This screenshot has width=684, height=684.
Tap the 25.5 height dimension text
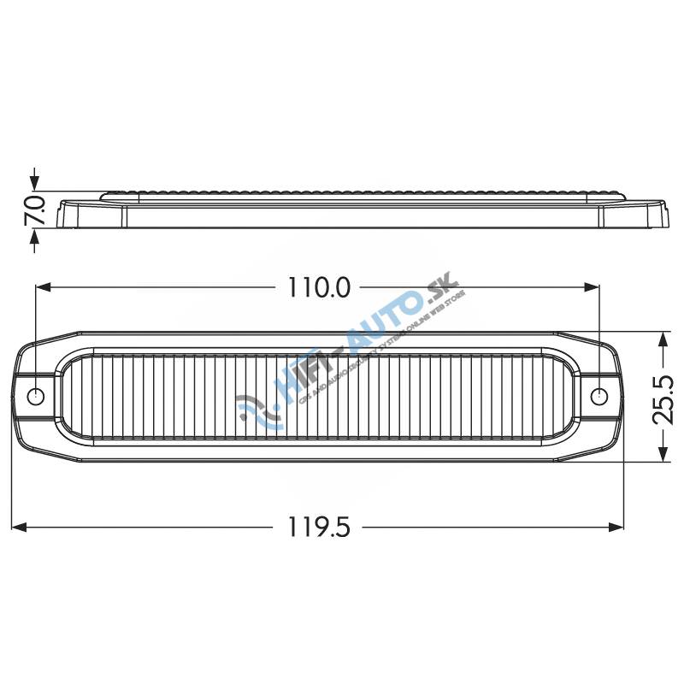point(663,397)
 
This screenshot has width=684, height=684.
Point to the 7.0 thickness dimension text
point(34,209)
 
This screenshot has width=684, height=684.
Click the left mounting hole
point(36,397)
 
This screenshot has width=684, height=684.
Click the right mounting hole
point(600,397)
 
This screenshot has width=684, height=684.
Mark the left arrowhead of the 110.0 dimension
point(43,288)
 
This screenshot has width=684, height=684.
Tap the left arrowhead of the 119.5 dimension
point(21,528)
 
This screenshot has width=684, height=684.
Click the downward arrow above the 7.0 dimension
point(34,181)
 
